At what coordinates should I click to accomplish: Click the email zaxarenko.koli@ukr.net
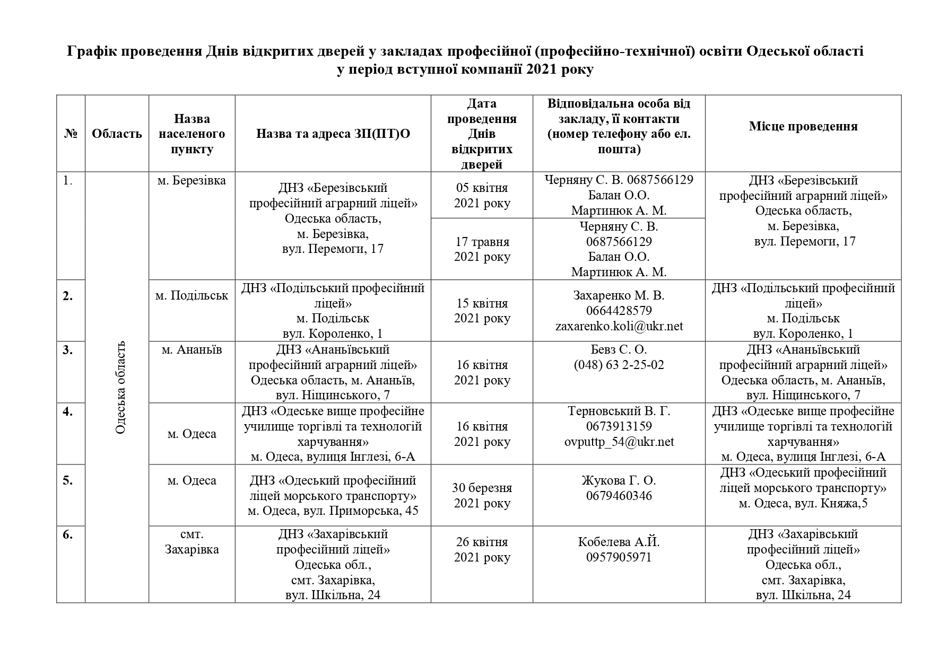click(619, 326)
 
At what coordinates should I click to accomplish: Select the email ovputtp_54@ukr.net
click(619, 442)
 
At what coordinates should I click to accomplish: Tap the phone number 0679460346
click(619, 496)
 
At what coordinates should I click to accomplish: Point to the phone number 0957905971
click(619, 557)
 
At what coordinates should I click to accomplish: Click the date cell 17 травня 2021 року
click(482, 249)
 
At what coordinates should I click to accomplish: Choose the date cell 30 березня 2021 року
click(482, 495)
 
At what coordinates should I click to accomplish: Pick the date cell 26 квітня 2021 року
click(482, 550)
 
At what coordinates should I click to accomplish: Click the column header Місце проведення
click(803, 126)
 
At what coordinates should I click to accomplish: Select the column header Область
click(117, 134)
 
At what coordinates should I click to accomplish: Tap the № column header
click(71, 134)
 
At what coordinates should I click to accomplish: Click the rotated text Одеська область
click(120, 388)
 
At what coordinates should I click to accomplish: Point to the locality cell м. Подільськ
click(192, 295)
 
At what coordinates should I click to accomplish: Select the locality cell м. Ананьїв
click(192, 350)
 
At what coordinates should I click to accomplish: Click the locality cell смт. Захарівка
click(192, 542)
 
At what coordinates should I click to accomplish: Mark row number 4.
click(68, 411)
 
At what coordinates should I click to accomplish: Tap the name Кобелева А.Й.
click(619, 542)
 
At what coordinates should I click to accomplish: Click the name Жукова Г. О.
click(619, 480)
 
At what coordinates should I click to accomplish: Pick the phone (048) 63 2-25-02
click(619, 365)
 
